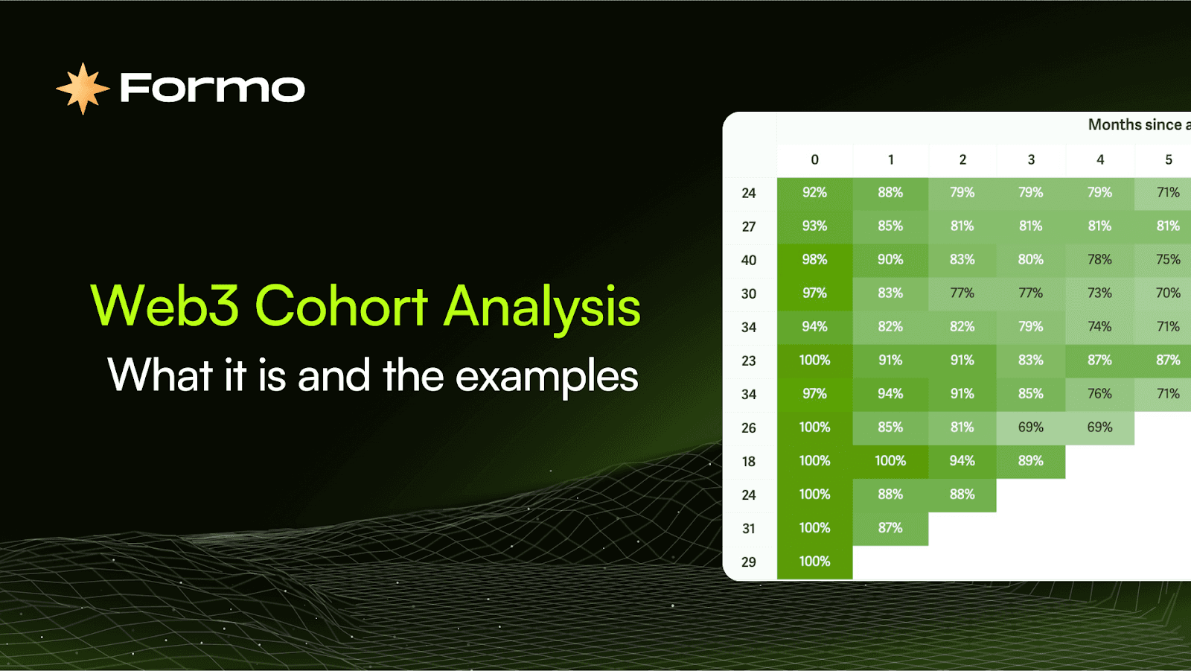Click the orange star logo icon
pos(83,89)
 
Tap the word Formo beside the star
pos(213,88)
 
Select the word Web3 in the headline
pos(165,306)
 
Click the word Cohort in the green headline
pos(342,306)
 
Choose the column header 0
pos(814,159)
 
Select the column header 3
pos(1031,159)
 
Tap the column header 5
pos(1168,159)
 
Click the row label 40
pos(749,260)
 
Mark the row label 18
pos(749,461)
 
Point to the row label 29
pos(749,562)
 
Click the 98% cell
pos(814,260)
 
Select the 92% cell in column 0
pos(814,193)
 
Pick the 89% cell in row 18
pos(1031,461)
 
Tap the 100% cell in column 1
pos(890,461)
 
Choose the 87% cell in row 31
pos(890,529)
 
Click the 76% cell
pos(1099,394)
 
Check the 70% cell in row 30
pos(1168,293)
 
